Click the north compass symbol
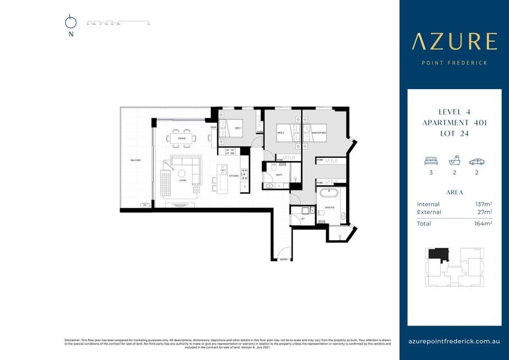tap(71, 22)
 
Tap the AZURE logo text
tap(454, 42)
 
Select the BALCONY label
tap(135, 160)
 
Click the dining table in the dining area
tap(182, 138)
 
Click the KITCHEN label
tap(233, 176)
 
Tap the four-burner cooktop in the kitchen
tap(244, 176)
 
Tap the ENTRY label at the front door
tap(284, 260)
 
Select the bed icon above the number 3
tap(431, 161)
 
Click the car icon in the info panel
tap(477, 161)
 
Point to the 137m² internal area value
tap(483, 204)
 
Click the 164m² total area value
tap(483, 224)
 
